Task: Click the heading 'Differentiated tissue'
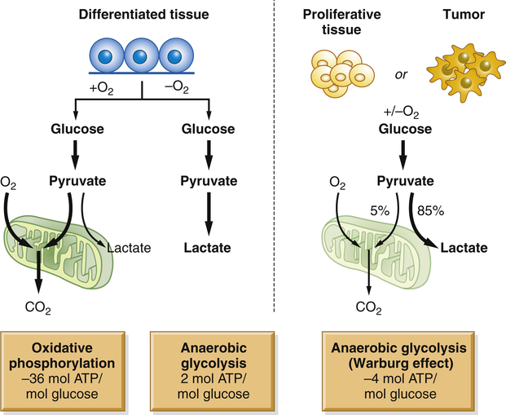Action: click(x=140, y=15)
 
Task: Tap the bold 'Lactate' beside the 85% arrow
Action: click(x=464, y=248)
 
